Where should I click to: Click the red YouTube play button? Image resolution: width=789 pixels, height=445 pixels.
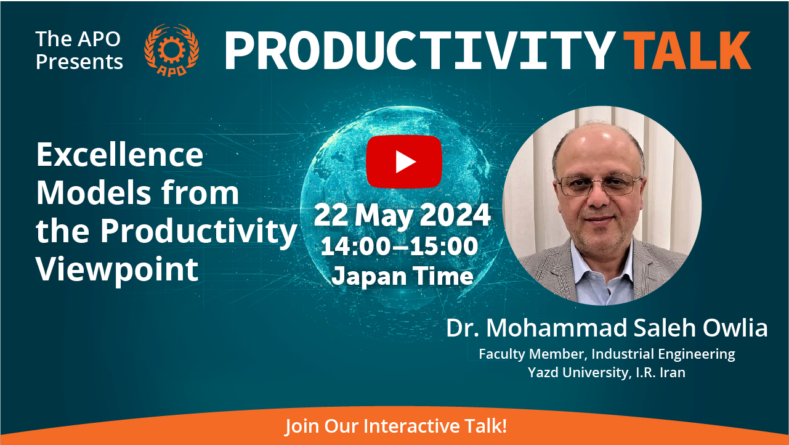(404, 161)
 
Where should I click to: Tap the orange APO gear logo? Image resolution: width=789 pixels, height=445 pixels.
(172, 50)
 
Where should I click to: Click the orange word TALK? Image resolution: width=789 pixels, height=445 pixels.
(687, 51)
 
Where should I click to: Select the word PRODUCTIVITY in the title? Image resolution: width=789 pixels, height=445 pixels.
(419, 51)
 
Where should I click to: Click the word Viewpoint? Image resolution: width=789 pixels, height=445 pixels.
(117, 270)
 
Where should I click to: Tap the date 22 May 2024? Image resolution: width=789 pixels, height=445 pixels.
(402, 215)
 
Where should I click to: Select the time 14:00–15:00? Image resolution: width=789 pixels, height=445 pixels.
(400, 246)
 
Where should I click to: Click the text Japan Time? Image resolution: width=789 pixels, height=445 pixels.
(402, 276)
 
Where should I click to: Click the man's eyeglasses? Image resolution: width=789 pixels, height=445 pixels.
(599, 185)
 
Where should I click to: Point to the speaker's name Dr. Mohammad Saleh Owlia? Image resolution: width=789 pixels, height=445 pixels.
(607, 328)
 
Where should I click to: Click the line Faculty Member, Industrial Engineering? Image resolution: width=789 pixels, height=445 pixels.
(607, 354)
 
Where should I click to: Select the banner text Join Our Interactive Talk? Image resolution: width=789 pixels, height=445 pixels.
(396, 426)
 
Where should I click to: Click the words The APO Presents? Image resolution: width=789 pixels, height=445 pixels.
(79, 50)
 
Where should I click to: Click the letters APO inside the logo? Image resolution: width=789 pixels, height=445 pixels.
(171, 70)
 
